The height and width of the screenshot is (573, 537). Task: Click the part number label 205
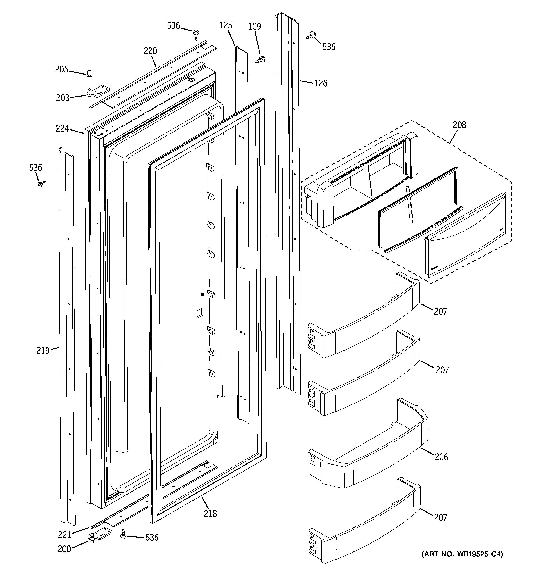click(x=61, y=69)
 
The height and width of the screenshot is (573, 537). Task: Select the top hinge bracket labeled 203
click(x=98, y=91)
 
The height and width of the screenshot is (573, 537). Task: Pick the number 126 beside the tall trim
click(x=321, y=84)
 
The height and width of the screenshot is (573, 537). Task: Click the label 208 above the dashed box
click(x=459, y=125)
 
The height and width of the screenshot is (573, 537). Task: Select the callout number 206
click(x=441, y=465)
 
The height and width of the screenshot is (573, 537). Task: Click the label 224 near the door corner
click(x=62, y=128)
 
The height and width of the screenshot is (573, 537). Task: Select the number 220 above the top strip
click(x=150, y=51)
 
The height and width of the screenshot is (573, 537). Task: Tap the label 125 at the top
click(x=225, y=25)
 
